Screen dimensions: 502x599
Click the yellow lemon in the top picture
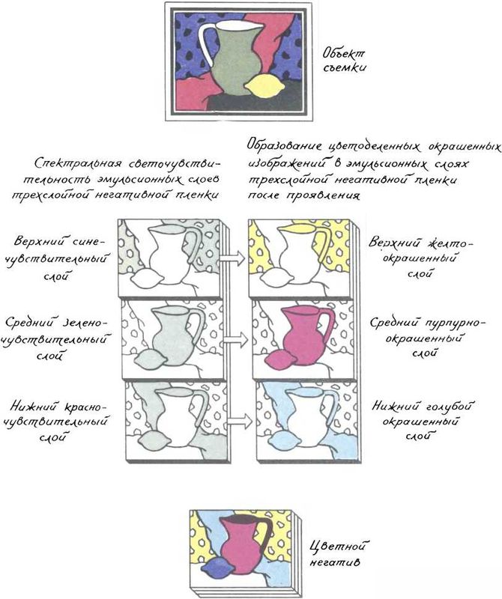(263, 86)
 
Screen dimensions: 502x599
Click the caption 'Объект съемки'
(345, 60)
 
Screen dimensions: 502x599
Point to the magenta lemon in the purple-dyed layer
(280, 359)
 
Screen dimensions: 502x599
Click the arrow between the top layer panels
(232, 258)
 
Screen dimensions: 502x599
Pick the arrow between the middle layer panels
(235, 339)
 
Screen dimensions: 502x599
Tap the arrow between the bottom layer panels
(239, 422)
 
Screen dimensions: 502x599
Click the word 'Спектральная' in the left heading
(77, 163)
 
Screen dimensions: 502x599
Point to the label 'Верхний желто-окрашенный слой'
(420, 258)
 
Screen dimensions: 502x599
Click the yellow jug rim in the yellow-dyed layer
(297, 228)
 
